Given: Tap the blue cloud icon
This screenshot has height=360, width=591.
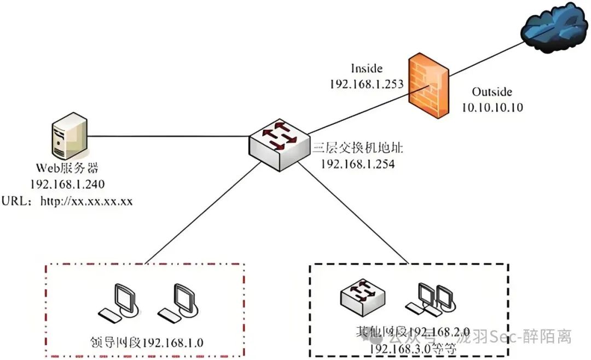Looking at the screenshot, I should click(x=552, y=27).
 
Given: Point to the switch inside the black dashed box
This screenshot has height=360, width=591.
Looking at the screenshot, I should click(x=363, y=299).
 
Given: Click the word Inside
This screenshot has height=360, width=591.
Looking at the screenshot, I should click(x=366, y=68).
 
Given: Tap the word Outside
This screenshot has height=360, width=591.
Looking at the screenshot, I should click(x=491, y=92).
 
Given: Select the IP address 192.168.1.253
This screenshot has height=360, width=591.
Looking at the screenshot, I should click(x=366, y=84).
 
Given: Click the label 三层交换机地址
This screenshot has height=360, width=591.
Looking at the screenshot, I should click(x=357, y=148).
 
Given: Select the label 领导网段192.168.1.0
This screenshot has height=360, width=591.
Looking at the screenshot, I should click(x=146, y=342).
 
